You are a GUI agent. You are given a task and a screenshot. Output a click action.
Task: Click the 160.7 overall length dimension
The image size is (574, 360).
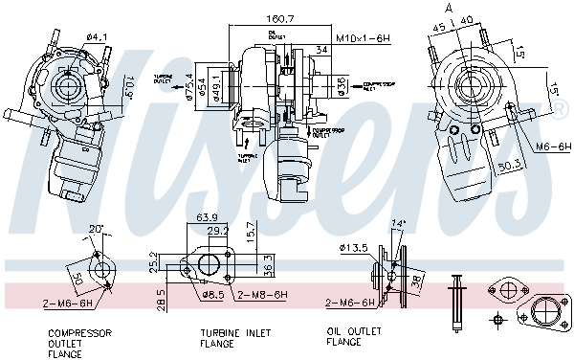pyautogui.click(x=278, y=17)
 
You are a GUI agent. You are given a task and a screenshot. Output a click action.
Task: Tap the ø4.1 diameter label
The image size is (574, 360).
pyautogui.click(x=97, y=36)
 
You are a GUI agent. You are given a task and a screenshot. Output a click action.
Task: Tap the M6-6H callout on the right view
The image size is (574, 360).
pyautogui.click(x=552, y=146)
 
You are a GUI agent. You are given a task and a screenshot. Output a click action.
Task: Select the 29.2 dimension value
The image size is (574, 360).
pyautogui.click(x=217, y=231)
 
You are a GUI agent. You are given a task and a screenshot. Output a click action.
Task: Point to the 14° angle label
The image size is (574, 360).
pyautogui.click(x=399, y=223)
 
